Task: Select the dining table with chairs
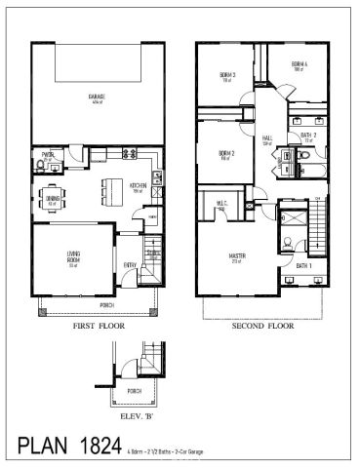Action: pyautogui.click(x=54, y=199)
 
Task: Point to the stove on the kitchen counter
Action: pyautogui.click(x=157, y=176)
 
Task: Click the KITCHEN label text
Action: pyautogui.click(x=138, y=186)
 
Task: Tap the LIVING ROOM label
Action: pyautogui.click(x=71, y=259)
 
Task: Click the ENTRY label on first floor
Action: pyautogui.click(x=130, y=264)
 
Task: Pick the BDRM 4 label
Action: pyautogui.click(x=299, y=66)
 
